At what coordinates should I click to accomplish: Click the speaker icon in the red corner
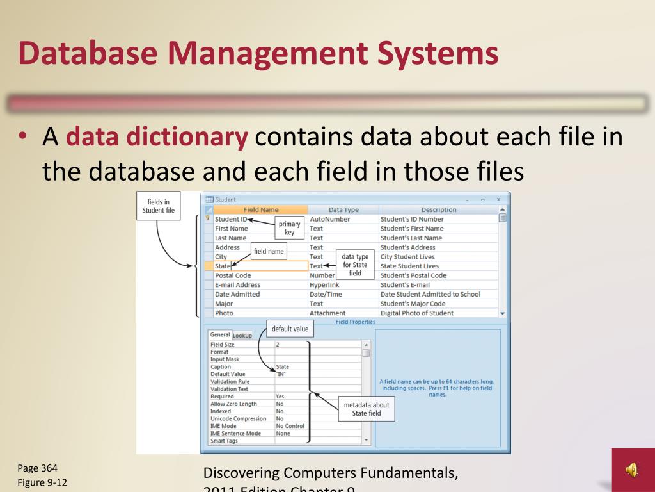(x=632, y=470)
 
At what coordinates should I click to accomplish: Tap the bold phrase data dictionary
(x=157, y=137)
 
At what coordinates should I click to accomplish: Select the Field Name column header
(x=261, y=209)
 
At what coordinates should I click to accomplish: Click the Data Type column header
(x=343, y=209)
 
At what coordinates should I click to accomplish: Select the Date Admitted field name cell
(x=237, y=294)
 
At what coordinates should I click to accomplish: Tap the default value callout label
(x=290, y=329)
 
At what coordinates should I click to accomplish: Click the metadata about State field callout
(x=366, y=409)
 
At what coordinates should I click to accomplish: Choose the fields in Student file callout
(x=158, y=206)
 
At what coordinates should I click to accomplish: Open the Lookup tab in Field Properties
(x=242, y=335)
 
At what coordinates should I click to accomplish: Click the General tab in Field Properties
(x=220, y=334)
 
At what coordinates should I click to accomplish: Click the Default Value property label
(x=228, y=374)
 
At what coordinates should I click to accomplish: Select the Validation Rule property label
(x=230, y=382)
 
